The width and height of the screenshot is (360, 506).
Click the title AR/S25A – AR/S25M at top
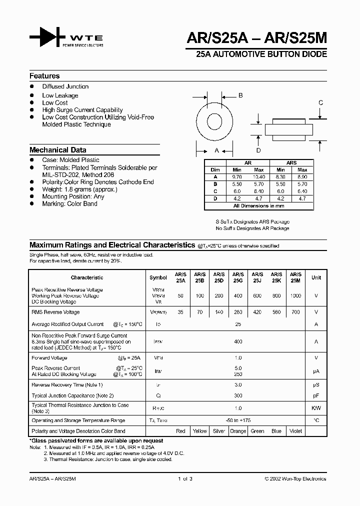click(x=256, y=38)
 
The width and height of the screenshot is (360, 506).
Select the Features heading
click(x=44, y=76)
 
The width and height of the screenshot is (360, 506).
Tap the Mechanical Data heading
click(x=58, y=149)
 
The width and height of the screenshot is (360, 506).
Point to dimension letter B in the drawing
click(x=240, y=95)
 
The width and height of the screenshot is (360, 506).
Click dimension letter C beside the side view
click(x=321, y=103)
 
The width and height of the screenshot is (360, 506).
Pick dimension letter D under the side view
click(x=258, y=150)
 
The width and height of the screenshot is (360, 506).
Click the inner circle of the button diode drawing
click(x=217, y=121)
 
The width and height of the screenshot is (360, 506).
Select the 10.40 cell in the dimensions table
click(x=258, y=176)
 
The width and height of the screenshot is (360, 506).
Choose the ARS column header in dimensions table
click(x=291, y=163)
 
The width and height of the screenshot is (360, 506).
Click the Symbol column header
click(x=158, y=277)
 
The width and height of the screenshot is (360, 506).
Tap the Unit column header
click(x=316, y=277)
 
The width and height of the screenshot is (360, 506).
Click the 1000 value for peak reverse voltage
click(x=295, y=296)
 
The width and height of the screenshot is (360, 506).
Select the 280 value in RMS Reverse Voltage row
click(x=238, y=312)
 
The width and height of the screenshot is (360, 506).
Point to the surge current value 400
click(x=238, y=341)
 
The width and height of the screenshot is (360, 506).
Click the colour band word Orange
click(x=238, y=431)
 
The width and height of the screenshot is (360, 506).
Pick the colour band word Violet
click(x=295, y=431)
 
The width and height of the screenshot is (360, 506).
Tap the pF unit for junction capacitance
click(x=316, y=395)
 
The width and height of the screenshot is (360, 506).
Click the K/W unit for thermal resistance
click(x=316, y=408)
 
